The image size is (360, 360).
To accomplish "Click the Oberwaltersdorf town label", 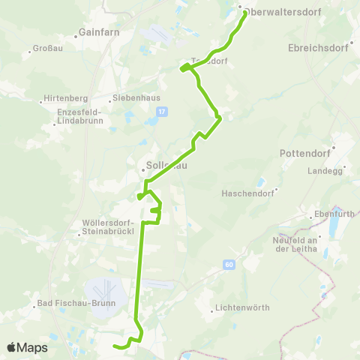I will (x=278, y=10).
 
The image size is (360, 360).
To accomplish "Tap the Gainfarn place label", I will (x=97, y=34).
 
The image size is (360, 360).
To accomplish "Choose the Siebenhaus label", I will (x=133, y=97).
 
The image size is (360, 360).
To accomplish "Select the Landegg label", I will (x=324, y=170).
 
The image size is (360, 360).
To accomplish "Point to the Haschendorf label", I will (x=247, y=193).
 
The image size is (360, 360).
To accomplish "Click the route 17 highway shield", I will (x=160, y=111).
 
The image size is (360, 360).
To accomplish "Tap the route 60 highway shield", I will (x=228, y=264).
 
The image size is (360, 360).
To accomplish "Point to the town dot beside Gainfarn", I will (x=78, y=34).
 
